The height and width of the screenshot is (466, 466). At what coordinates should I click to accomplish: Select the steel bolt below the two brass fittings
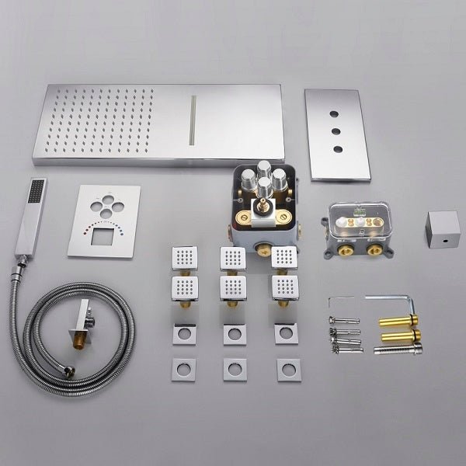click(398, 349)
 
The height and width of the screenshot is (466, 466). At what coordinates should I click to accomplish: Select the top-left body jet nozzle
click(185, 256)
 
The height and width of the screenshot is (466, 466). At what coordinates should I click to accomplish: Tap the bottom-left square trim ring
click(185, 368)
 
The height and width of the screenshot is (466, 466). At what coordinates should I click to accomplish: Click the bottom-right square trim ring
click(287, 368)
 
